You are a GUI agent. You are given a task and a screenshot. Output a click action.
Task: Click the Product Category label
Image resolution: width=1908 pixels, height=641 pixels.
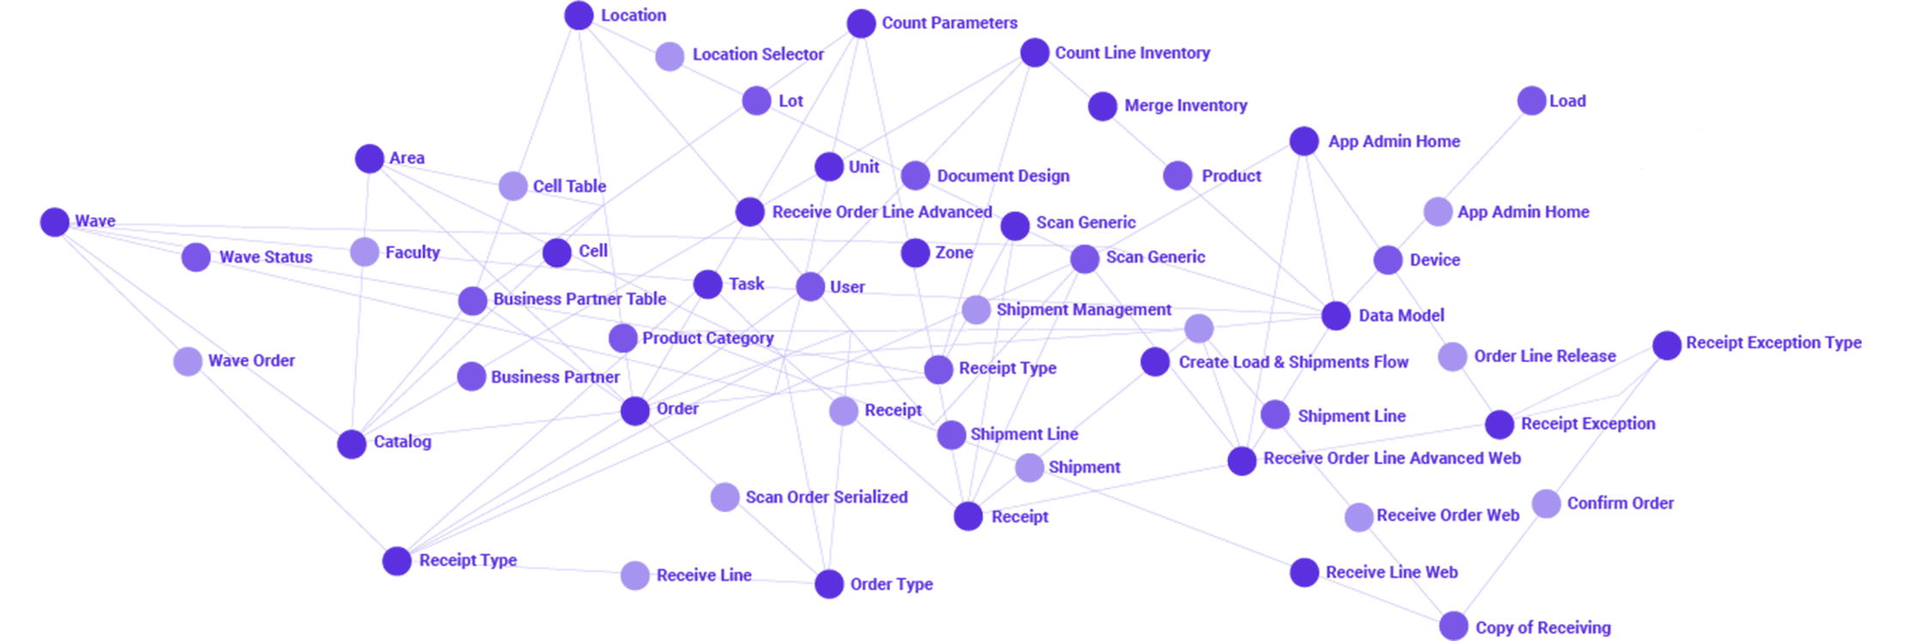(x=712, y=337)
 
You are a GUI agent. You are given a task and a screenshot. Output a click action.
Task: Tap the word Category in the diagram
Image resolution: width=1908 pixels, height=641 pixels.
(x=745, y=338)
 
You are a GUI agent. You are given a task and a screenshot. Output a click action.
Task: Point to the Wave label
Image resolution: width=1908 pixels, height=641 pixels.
(x=94, y=223)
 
